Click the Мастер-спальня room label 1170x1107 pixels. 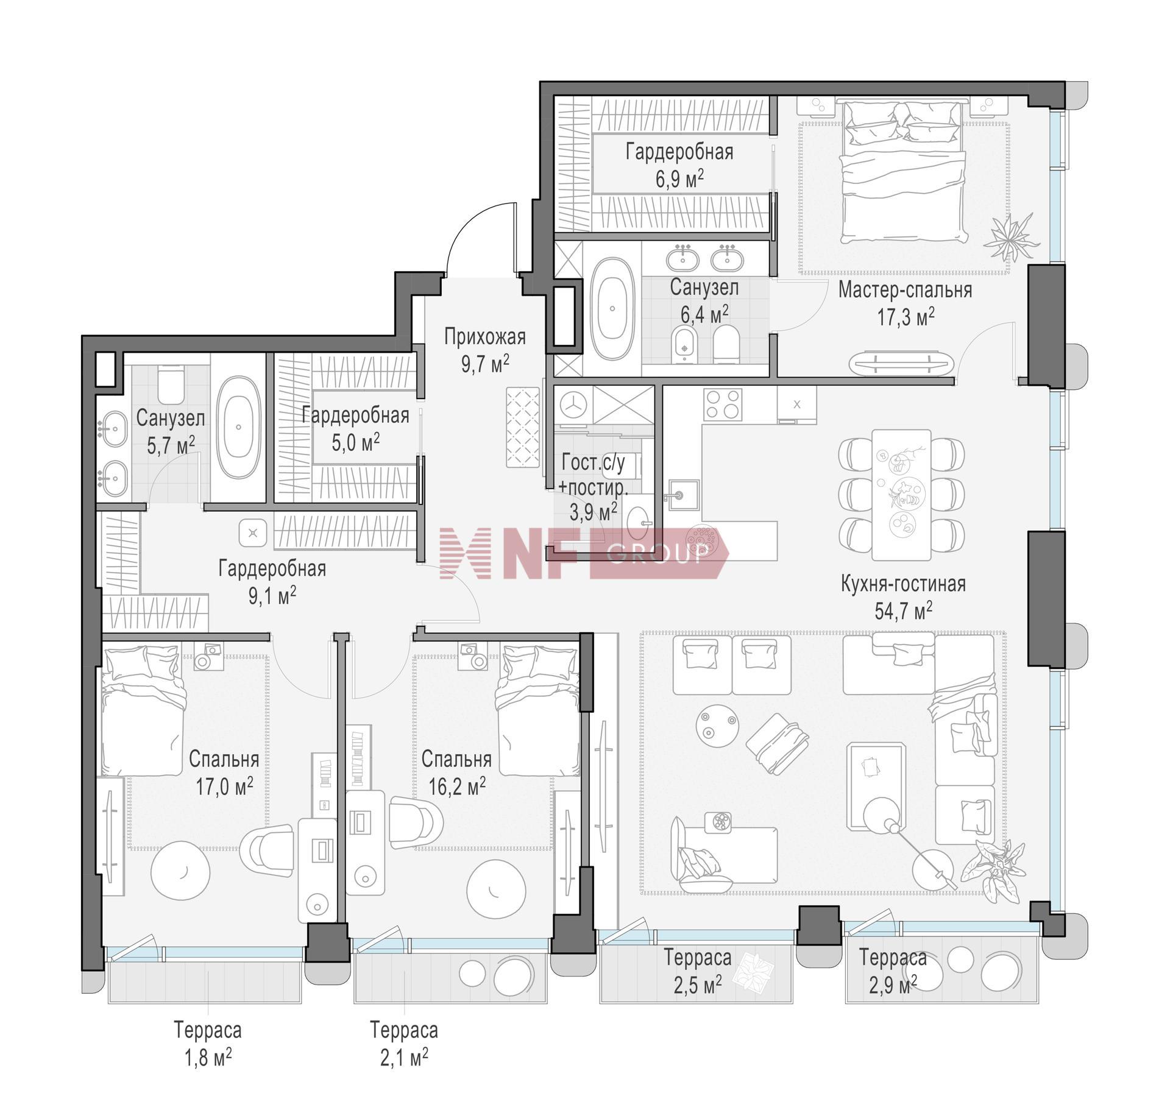[905, 290]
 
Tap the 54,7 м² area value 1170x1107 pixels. [903, 610]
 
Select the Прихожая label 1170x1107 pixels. [484, 336]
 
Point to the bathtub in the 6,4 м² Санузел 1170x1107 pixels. [614, 309]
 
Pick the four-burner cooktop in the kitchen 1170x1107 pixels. [723, 405]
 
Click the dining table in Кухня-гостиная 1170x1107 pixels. [901, 495]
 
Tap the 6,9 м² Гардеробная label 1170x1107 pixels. [679, 164]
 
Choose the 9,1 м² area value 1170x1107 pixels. [272, 595]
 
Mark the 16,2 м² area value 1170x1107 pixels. [456, 787]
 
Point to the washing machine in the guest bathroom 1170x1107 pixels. [573, 403]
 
